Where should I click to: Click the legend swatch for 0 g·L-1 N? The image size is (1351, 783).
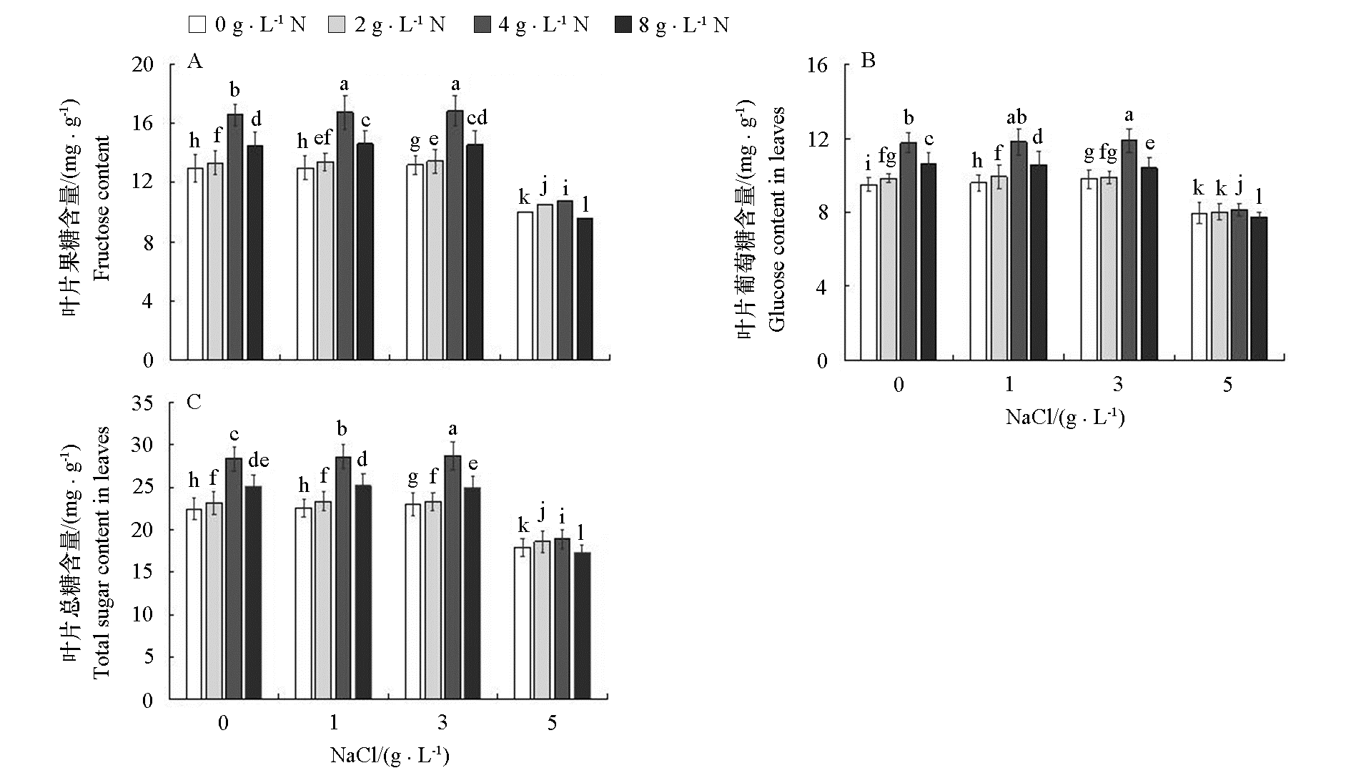point(197,25)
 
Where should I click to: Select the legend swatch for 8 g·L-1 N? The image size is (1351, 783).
point(624,25)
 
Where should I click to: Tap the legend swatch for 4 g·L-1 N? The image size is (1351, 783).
point(482,25)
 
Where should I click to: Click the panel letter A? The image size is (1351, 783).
point(194,61)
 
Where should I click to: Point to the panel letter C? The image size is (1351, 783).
point(194,402)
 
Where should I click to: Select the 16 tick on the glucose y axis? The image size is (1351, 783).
point(816,65)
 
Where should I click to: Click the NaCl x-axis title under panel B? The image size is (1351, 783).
point(1065,417)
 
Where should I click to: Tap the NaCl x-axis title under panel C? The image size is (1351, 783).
point(390,755)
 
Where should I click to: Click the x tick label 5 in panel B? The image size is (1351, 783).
point(1227,385)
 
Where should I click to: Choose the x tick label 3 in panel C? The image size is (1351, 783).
point(442,723)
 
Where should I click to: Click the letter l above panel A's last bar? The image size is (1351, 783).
point(585,205)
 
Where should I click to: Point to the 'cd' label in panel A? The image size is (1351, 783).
point(476,117)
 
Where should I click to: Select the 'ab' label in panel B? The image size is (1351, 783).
point(1016,117)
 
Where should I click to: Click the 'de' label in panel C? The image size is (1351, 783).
point(258,460)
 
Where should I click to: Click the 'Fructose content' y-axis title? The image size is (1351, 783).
point(102,208)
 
